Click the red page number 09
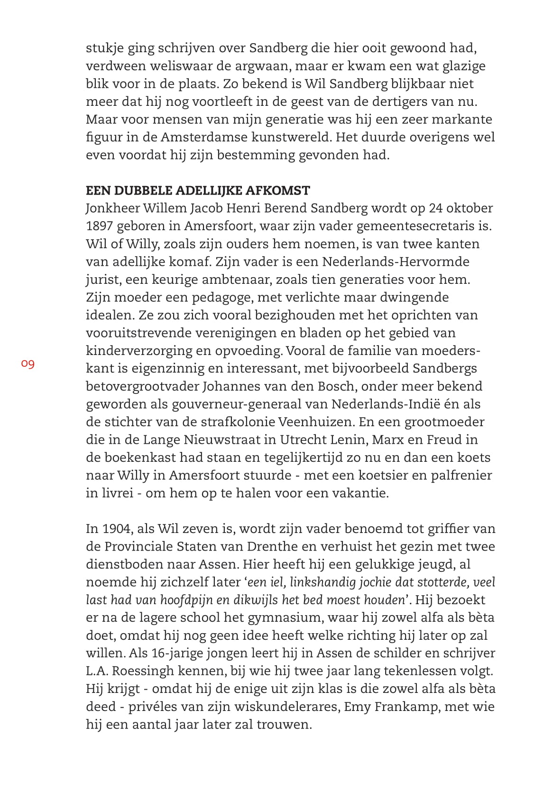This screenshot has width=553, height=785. pos(28,364)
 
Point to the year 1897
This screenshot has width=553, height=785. pos(99,226)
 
